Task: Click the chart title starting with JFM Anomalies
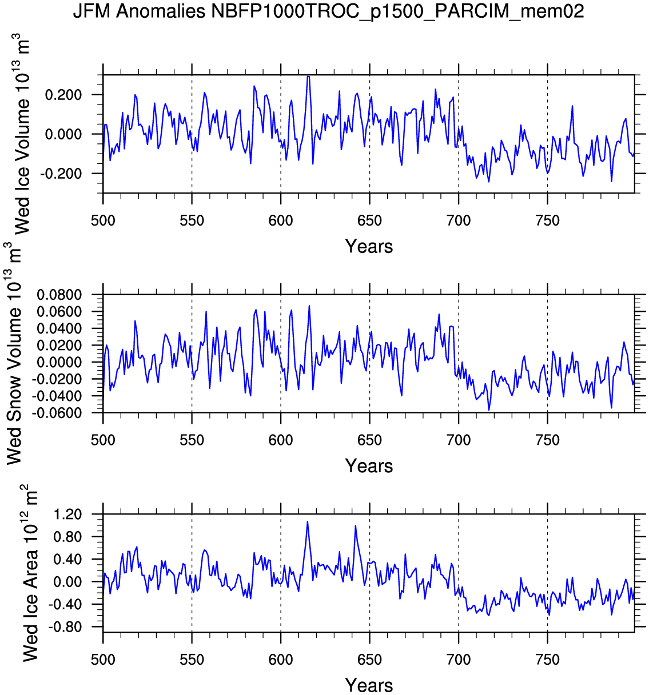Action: [x=328, y=11]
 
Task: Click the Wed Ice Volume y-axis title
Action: [x=21, y=135]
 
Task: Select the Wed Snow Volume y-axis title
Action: [x=14, y=353]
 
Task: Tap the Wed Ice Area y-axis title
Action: [x=30, y=573]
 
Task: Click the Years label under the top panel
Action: [x=369, y=247]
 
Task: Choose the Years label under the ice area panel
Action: [x=369, y=685]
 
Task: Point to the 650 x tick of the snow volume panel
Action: [x=369, y=440]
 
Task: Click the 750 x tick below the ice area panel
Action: [x=547, y=660]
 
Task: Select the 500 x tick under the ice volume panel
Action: [x=103, y=221]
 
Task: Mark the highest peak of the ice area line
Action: [x=307, y=521]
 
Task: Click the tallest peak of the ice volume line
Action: [x=308, y=76]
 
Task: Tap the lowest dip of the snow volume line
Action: [x=489, y=410]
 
